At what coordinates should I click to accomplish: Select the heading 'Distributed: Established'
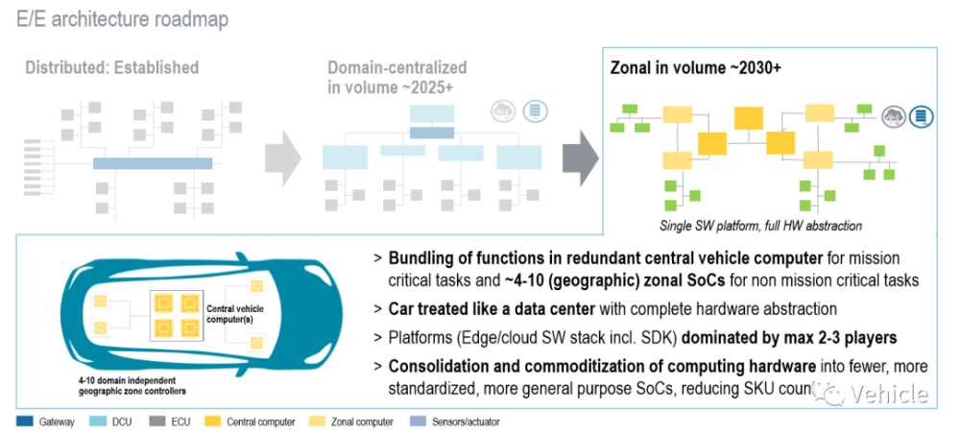(x=111, y=68)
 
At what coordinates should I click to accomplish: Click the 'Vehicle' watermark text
(x=893, y=395)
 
